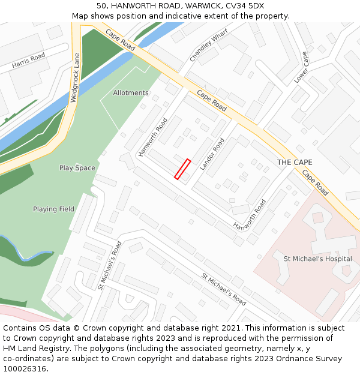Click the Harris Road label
pyautogui.click(x=28, y=61)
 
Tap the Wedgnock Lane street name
pyautogui.click(x=75, y=77)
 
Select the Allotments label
pyautogui.click(x=131, y=93)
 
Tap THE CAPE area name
pyautogui.click(x=294, y=163)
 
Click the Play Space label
pyautogui.click(x=77, y=168)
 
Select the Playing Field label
pyautogui.click(x=53, y=209)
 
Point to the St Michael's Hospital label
pyautogui.click(x=317, y=259)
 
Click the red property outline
pyautogui.click(x=182, y=169)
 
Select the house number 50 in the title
pyautogui.click(x=101, y=6)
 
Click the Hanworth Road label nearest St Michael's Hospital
pyautogui.click(x=250, y=216)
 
